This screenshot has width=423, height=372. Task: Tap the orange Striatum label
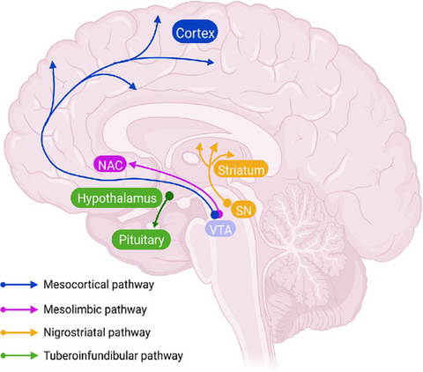(240, 169)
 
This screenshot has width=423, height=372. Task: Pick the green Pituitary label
(140, 238)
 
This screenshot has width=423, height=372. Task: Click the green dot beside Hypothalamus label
(170, 198)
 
